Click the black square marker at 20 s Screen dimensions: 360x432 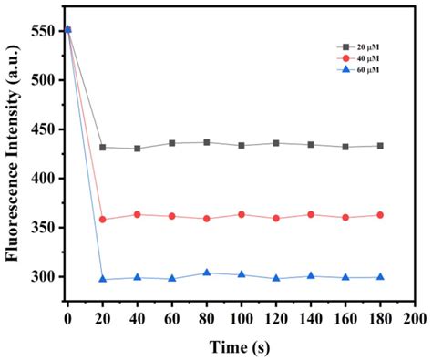tap(102, 147)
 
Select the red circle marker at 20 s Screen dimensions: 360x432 tap(102, 219)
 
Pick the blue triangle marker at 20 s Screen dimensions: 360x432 tap(102, 279)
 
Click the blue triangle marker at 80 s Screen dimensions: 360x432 tap(207, 273)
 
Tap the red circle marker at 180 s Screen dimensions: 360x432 tap(380, 215)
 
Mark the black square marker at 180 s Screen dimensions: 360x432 tap(380, 146)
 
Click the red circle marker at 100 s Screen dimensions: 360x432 tap(242, 214)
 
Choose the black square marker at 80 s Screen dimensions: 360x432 tap(207, 142)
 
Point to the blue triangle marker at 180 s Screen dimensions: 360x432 tap(380, 276)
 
